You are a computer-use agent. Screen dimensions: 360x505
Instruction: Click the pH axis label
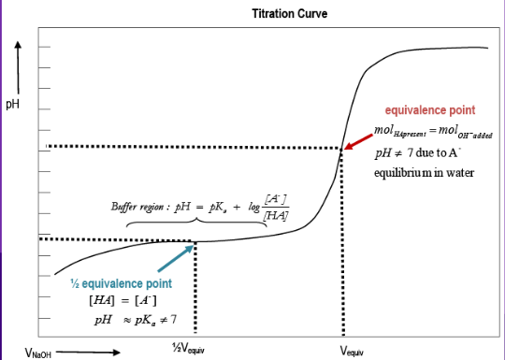[x=13, y=103]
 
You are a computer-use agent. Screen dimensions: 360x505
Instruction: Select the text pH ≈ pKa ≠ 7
[x=132, y=319]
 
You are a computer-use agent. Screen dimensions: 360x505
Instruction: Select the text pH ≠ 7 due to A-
[x=414, y=153]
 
